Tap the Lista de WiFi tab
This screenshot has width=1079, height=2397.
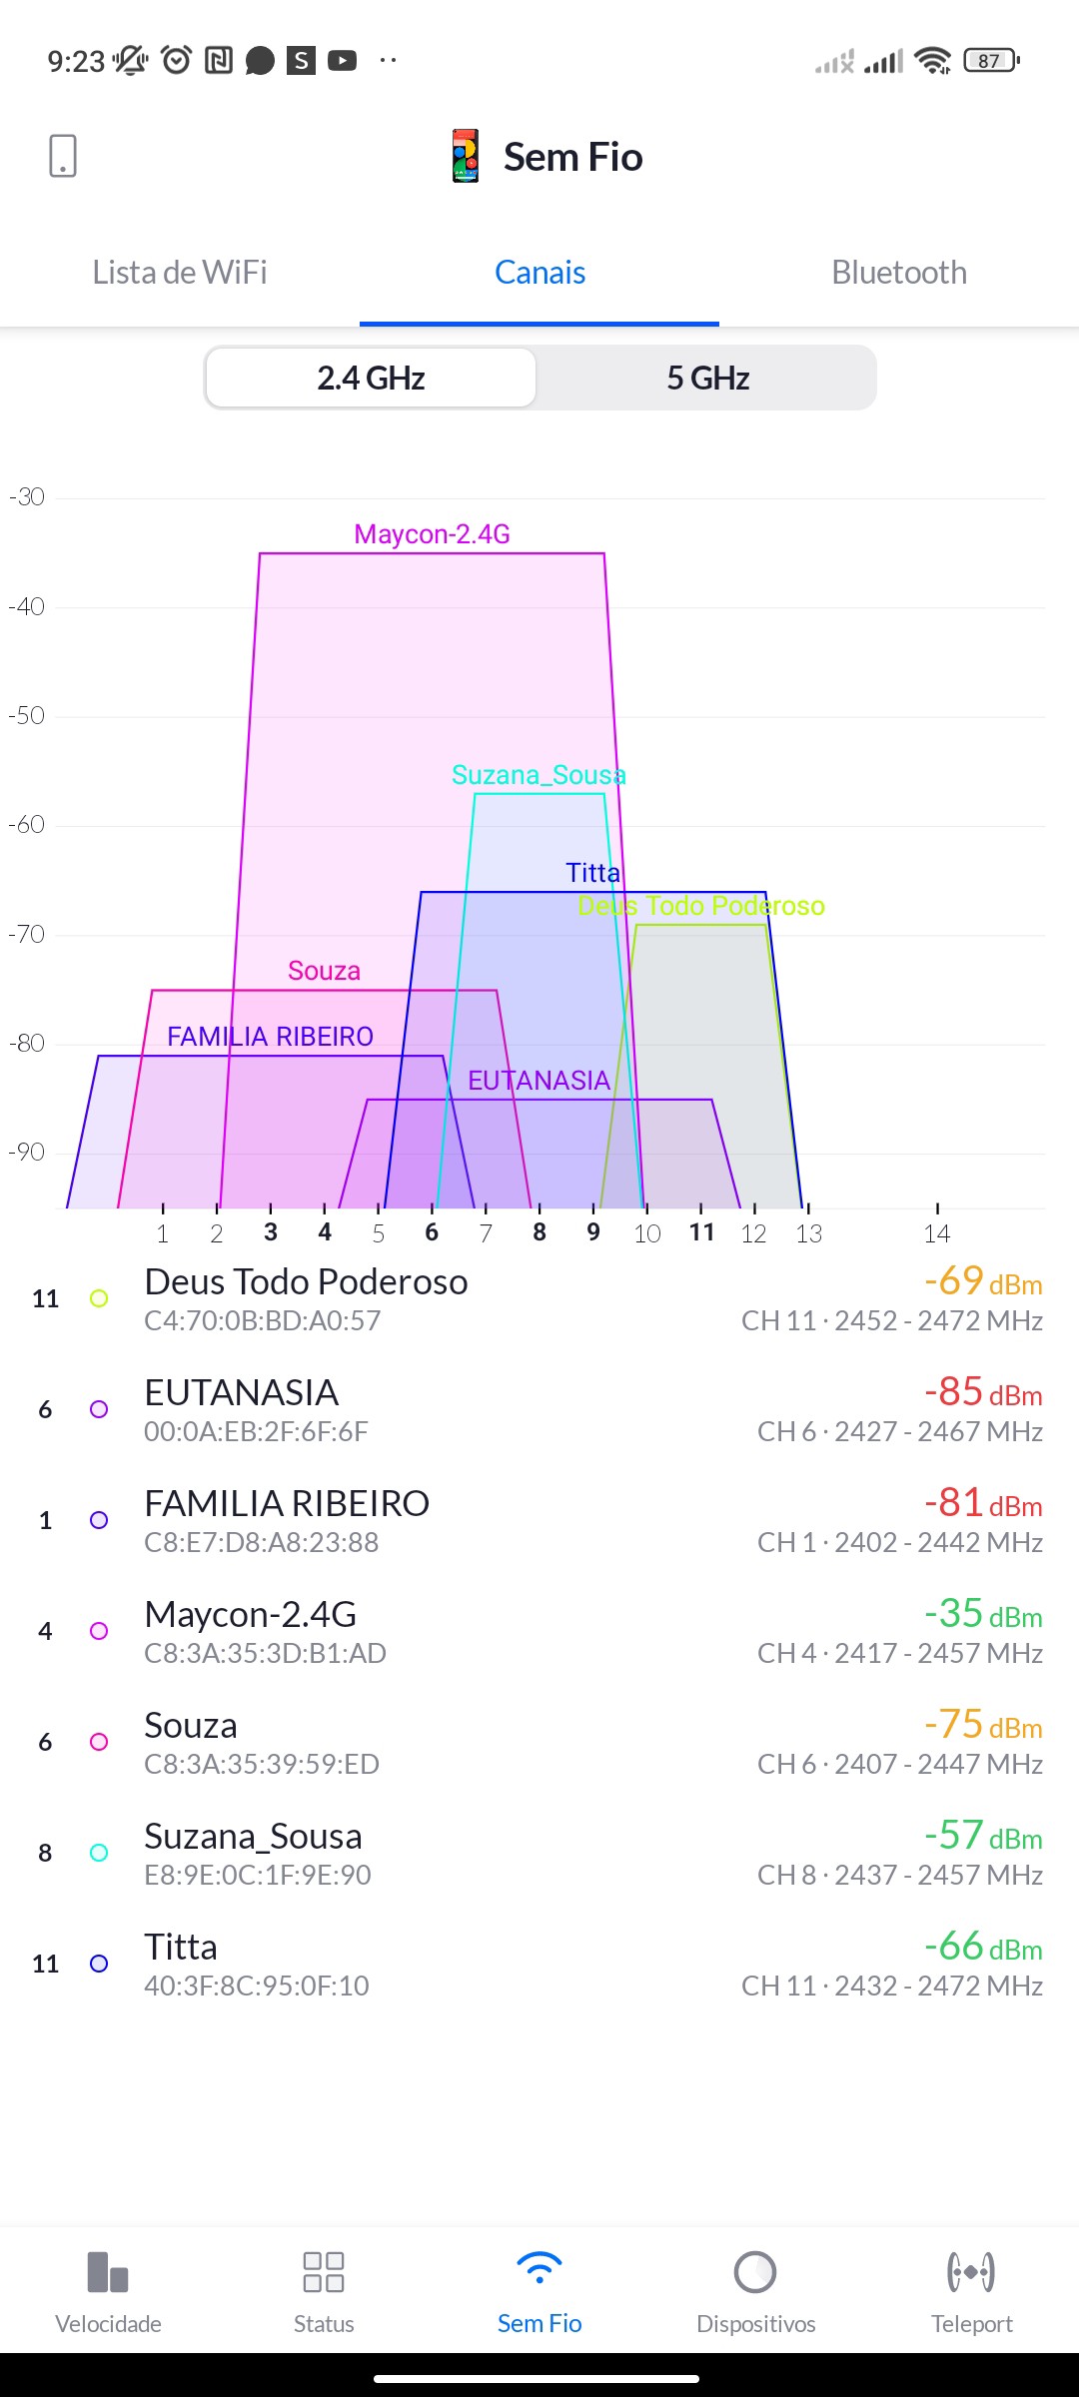(180, 273)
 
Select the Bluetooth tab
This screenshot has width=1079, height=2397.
(899, 273)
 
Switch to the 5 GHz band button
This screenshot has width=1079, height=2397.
(707, 379)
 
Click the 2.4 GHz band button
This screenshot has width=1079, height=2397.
(371, 379)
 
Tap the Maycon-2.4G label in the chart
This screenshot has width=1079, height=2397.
(432, 534)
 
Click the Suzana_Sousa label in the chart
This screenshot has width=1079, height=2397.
(539, 775)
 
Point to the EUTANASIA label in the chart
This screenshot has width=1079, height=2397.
(539, 1081)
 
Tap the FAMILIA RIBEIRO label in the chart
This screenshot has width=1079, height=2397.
(270, 1037)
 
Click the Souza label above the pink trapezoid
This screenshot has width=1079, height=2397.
(324, 971)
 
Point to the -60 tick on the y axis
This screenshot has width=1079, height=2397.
(27, 825)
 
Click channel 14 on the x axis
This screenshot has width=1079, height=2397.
(936, 1233)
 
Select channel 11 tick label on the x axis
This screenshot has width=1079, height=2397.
(701, 1232)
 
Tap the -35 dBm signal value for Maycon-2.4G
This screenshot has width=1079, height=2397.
(982, 1614)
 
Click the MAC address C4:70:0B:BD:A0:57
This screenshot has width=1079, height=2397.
(262, 1321)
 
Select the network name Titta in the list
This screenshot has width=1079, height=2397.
(181, 1947)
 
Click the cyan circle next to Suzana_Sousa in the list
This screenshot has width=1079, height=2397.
(99, 1853)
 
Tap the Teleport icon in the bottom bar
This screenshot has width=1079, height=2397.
(971, 2273)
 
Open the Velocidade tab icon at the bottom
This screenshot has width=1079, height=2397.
(108, 2273)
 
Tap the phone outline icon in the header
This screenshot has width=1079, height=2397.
(63, 157)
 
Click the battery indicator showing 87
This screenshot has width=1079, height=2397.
(990, 61)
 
